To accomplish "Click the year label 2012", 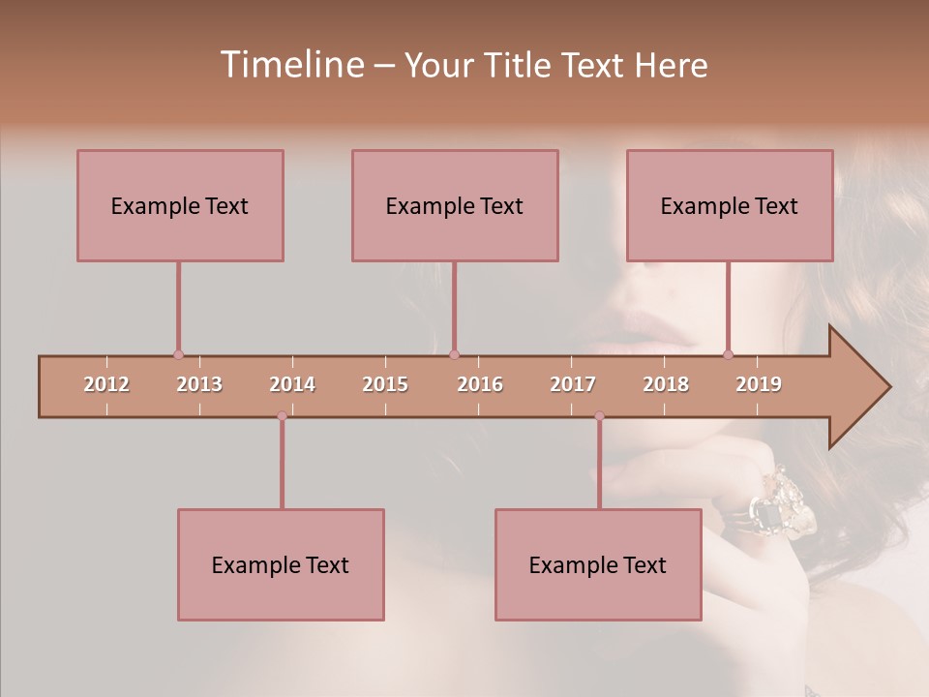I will click(x=106, y=384).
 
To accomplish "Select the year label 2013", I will click(x=199, y=384).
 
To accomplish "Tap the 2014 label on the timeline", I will click(x=292, y=384).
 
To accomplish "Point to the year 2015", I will click(x=385, y=384).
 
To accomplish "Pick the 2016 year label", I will click(x=480, y=384).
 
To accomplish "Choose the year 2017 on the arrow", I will click(x=573, y=384).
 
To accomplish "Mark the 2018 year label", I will click(x=666, y=384).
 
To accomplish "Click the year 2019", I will click(x=759, y=384).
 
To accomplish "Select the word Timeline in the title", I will click(x=289, y=65).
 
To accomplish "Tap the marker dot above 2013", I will click(x=178, y=354).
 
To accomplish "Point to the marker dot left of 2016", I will click(x=454, y=354).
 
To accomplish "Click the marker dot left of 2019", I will click(x=729, y=354).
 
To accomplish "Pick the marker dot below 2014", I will click(x=282, y=416).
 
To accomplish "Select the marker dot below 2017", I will click(x=599, y=416).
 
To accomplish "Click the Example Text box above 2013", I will click(x=180, y=205).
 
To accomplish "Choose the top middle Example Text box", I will click(x=455, y=205).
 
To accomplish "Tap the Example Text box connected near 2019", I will click(x=730, y=205).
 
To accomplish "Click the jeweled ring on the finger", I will click(x=783, y=503).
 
